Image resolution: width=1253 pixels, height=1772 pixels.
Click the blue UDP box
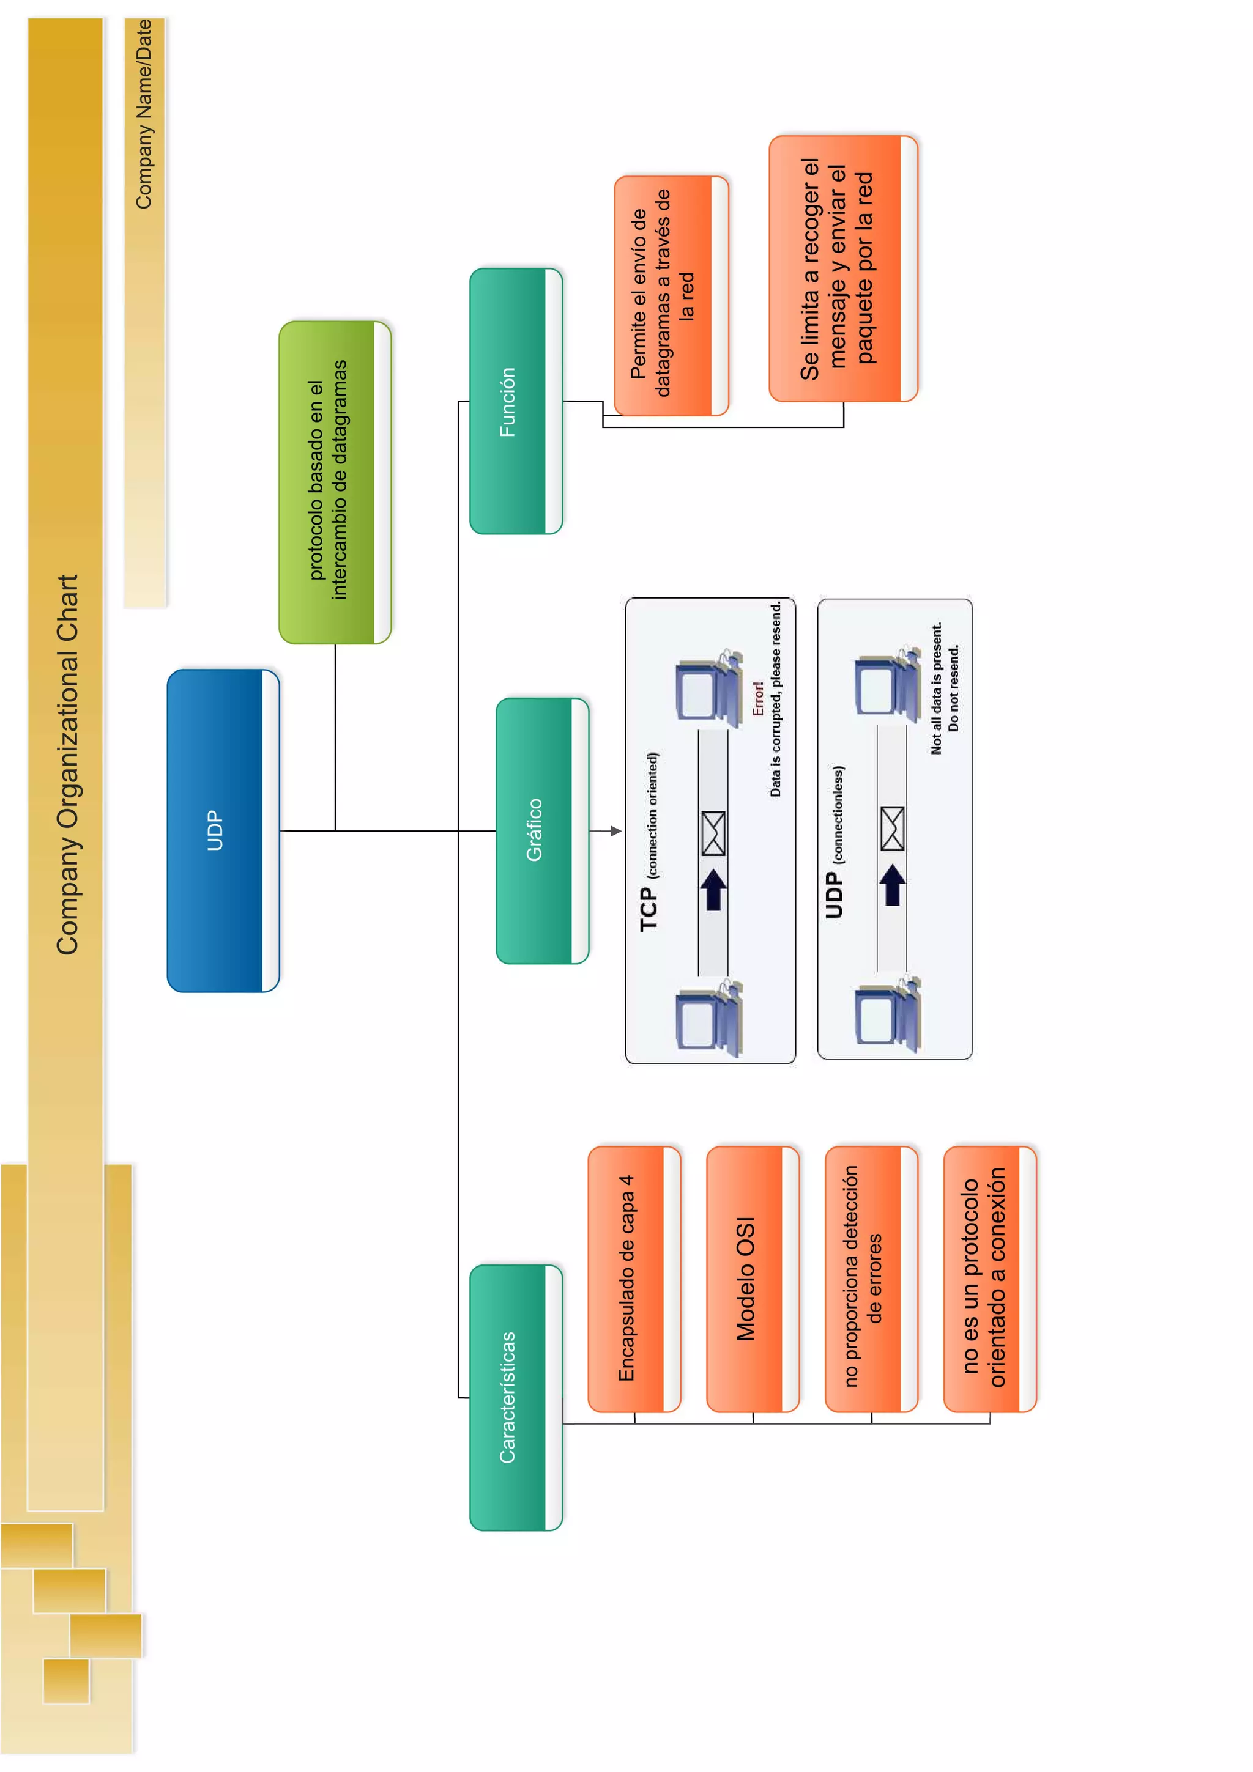[x=222, y=830]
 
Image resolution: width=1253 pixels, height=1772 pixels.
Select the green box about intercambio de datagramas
[x=334, y=482]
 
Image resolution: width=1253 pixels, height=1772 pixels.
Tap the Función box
[x=515, y=401]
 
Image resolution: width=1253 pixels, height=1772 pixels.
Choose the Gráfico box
[x=541, y=830]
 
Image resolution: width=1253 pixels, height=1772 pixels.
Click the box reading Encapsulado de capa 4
[x=633, y=1279]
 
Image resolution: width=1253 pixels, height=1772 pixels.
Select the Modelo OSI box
[x=751, y=1279]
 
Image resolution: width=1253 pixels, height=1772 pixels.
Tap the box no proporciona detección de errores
[x=870, y=1279]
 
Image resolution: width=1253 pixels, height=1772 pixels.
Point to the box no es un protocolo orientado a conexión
[x=988, y=1279]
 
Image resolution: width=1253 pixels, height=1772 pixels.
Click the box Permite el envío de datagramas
[x=670, y=295]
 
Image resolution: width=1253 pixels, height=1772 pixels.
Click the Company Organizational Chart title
[x=68, y=764]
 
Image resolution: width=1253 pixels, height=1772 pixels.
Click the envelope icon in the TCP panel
[x=713, y=833]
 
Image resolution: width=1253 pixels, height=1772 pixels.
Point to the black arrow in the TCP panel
[x=713, y=889]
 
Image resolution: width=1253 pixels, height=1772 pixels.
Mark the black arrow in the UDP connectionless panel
[x=893, y=884]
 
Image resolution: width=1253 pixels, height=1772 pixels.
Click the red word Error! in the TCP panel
[x=758, y=698]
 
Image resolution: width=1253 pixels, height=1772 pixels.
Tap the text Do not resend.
[x=954, y=688]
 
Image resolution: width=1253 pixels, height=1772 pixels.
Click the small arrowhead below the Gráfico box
[x=615, y=830]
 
